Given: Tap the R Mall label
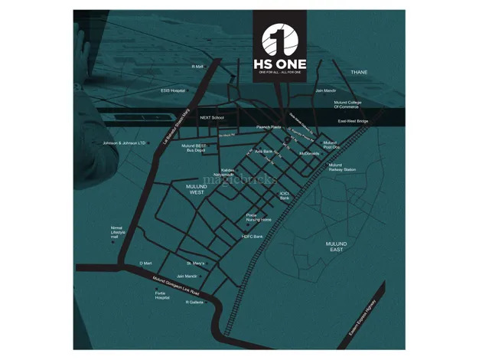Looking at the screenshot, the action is click(197, 67).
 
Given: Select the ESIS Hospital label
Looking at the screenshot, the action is click(173, 90).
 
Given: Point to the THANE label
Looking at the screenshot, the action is click(358, 72).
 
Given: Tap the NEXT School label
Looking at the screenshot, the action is click(211, 118).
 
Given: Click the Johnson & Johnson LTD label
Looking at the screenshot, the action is click(124, 143).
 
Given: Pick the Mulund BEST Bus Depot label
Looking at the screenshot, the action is click(195, 149).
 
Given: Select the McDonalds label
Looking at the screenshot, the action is click(308, 153).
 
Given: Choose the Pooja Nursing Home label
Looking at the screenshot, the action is click(258, 218).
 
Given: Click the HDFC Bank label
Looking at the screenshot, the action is click(252, 237).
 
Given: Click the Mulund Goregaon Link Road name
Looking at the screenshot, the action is click(176, 286).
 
